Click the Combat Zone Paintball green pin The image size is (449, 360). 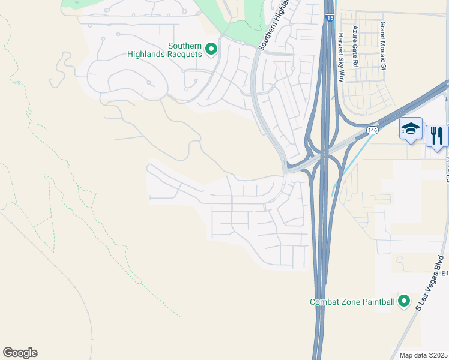[404, 301]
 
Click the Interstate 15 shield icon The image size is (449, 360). [330, 19]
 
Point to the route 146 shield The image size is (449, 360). [373, 130]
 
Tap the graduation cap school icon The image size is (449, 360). [411, 128]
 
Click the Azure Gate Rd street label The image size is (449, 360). [355, 46]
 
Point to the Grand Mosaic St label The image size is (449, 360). [382, 46]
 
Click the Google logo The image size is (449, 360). [20, 353]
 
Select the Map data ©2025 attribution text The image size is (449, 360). [424, 355]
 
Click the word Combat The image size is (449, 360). [325, 302]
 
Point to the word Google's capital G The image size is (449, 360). [8, 353]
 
